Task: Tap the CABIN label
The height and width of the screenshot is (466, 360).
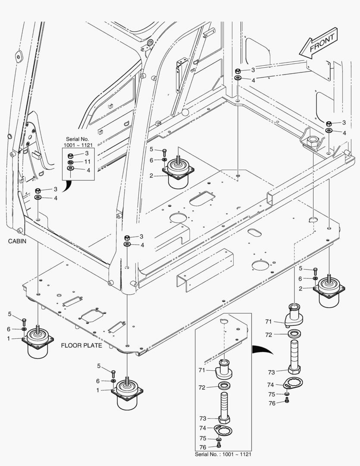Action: click(17, 242)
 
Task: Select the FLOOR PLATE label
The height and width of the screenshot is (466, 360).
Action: click(81, 346)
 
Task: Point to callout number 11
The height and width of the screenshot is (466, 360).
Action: click(87, 161)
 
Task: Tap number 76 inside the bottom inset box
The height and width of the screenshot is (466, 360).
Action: click(202, 447)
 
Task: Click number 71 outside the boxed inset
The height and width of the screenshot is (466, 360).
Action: click(268, 322)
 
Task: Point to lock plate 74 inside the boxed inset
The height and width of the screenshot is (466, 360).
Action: click(222, 430)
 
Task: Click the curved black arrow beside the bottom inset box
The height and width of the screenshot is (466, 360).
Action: click(263, 349)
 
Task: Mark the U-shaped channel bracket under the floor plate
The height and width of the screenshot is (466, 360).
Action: click(204, 270)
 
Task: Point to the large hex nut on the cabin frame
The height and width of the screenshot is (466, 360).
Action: click(311, 142)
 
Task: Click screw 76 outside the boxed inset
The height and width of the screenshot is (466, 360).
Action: click(287, 402)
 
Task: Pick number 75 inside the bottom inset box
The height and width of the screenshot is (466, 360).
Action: click(202, 438)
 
